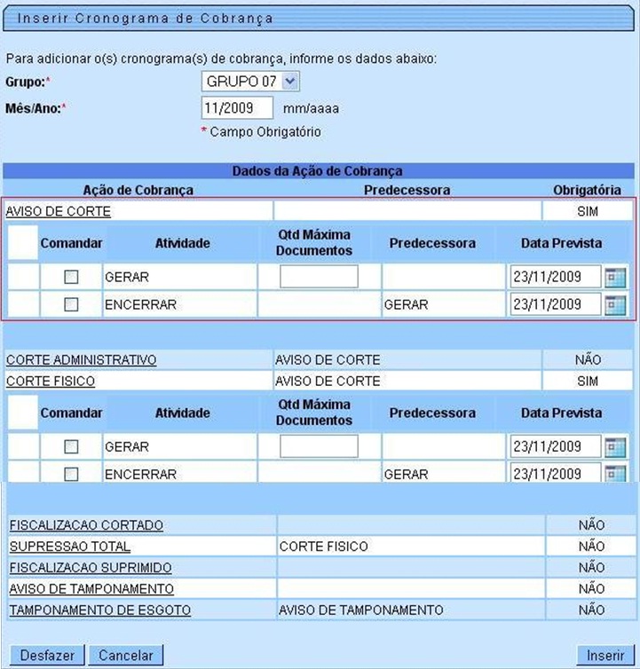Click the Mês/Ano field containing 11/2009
(238, 108)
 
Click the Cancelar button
(126, 656)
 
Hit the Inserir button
(605, 656)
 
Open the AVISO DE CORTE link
(59, 211)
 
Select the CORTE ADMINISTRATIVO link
(82, 360)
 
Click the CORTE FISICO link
(51, 382)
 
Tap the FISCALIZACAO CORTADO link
(86, 525)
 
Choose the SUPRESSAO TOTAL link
(70, 547)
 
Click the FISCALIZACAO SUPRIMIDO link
(91, 568)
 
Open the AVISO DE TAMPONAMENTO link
(91, 589)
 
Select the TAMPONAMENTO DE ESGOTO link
(99, 610)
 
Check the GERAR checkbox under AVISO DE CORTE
(71, 277)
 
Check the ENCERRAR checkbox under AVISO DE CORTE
(71, 305)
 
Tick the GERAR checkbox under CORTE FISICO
(71, 447)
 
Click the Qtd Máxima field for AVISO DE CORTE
(319, 277)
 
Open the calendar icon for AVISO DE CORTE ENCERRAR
(615, 305)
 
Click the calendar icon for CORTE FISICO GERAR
(615, 447)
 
